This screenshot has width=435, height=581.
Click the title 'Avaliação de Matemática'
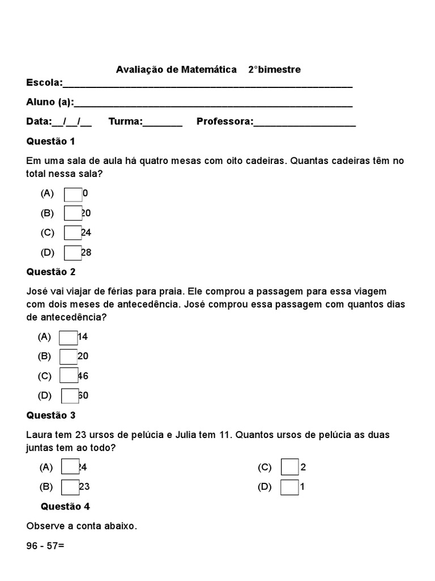pos(176,70)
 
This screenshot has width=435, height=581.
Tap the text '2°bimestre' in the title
pos(274,70)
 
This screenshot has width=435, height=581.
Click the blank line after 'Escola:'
pos(207,84)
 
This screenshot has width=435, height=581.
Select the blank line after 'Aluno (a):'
pos(213,103)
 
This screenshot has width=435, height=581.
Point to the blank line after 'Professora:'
pos(304,123)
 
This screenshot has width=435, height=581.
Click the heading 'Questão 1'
pos(50,141)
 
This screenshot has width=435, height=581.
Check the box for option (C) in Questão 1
pos(73,233)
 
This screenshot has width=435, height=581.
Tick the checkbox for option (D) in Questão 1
pos(73,252)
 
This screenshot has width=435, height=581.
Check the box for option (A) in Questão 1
pos(73,194)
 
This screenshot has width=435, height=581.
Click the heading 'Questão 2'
pos(50,272)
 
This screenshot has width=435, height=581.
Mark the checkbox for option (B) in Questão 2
pos(69,357)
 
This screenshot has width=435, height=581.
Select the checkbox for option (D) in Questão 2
pos(70,395)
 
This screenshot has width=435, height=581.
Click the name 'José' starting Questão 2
pos(37,292)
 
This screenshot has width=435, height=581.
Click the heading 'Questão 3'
pos(50,415)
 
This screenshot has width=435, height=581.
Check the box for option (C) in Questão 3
pos(289,468)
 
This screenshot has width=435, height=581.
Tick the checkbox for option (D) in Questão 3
pos(289,487)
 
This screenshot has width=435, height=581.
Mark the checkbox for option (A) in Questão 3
pos(70,468)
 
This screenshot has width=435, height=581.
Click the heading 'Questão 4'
pos(65,506)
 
